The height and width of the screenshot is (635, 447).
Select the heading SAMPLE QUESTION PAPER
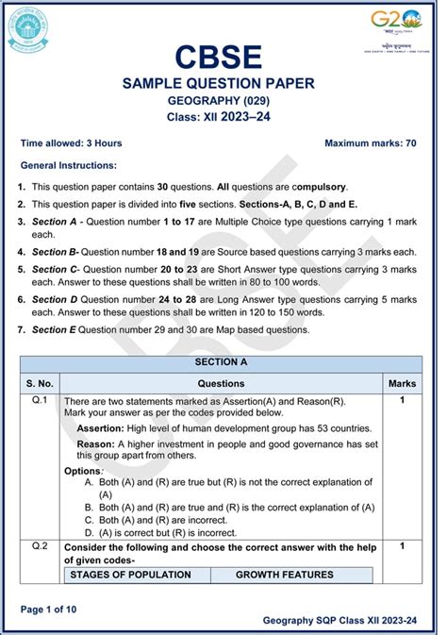tap(223, 85)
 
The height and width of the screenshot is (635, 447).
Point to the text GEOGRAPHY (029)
tap(223, 103)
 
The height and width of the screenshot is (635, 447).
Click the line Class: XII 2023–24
tap(223, 119)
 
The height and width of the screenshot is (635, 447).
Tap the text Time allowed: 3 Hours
tap(71, 143)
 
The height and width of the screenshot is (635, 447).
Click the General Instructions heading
tap(68, 165)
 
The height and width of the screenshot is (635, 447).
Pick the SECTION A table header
tap(222, 362)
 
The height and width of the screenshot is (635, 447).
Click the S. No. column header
tap(40, 384)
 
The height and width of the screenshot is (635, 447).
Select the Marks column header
tap(402, 384)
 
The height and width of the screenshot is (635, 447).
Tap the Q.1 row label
tap(40, 401)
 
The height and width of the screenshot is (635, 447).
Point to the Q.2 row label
tap(40, 546)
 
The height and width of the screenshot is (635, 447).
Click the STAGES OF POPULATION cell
tap(131, 574)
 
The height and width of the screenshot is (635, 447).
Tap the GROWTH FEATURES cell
tap(285, 574)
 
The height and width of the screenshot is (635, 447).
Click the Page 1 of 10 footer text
tap(48, 609)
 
